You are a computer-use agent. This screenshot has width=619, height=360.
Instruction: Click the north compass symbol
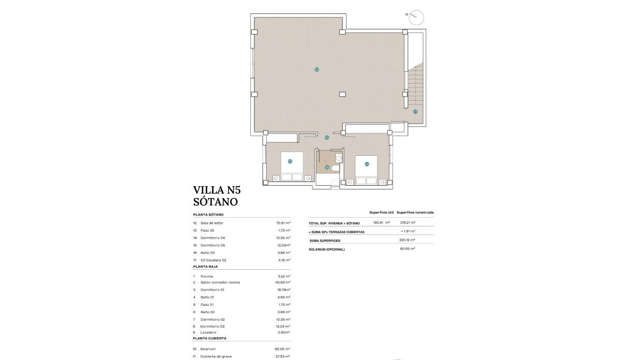pos(416,18)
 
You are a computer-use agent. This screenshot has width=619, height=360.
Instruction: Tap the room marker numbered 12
pos(317,69)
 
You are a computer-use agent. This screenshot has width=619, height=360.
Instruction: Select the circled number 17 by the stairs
pos(415,111)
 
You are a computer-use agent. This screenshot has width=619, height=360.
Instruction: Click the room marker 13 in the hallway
pos(327,138)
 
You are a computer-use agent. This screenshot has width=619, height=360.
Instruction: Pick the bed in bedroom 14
pos(366,169)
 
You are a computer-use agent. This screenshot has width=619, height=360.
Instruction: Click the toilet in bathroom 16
pos(336,168)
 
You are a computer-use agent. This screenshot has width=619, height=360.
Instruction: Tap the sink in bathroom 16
pos(338,158)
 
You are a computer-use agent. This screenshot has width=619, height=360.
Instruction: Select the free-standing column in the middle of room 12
pos(343,94)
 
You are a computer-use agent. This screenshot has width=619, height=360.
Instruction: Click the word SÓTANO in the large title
pos(216,202)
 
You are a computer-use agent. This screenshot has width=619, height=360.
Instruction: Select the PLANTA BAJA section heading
pos(206,267)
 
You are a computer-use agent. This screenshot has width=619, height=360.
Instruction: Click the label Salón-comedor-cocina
pos(220,283)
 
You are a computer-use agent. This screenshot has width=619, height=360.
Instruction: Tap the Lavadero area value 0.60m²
pos(284,332)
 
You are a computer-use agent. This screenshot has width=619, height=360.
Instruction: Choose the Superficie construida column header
pos(415,212)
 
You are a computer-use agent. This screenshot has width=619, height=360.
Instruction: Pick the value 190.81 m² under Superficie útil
pos(381,223)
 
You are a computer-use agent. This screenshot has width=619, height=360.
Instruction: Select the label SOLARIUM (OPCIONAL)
pos(327,249)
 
